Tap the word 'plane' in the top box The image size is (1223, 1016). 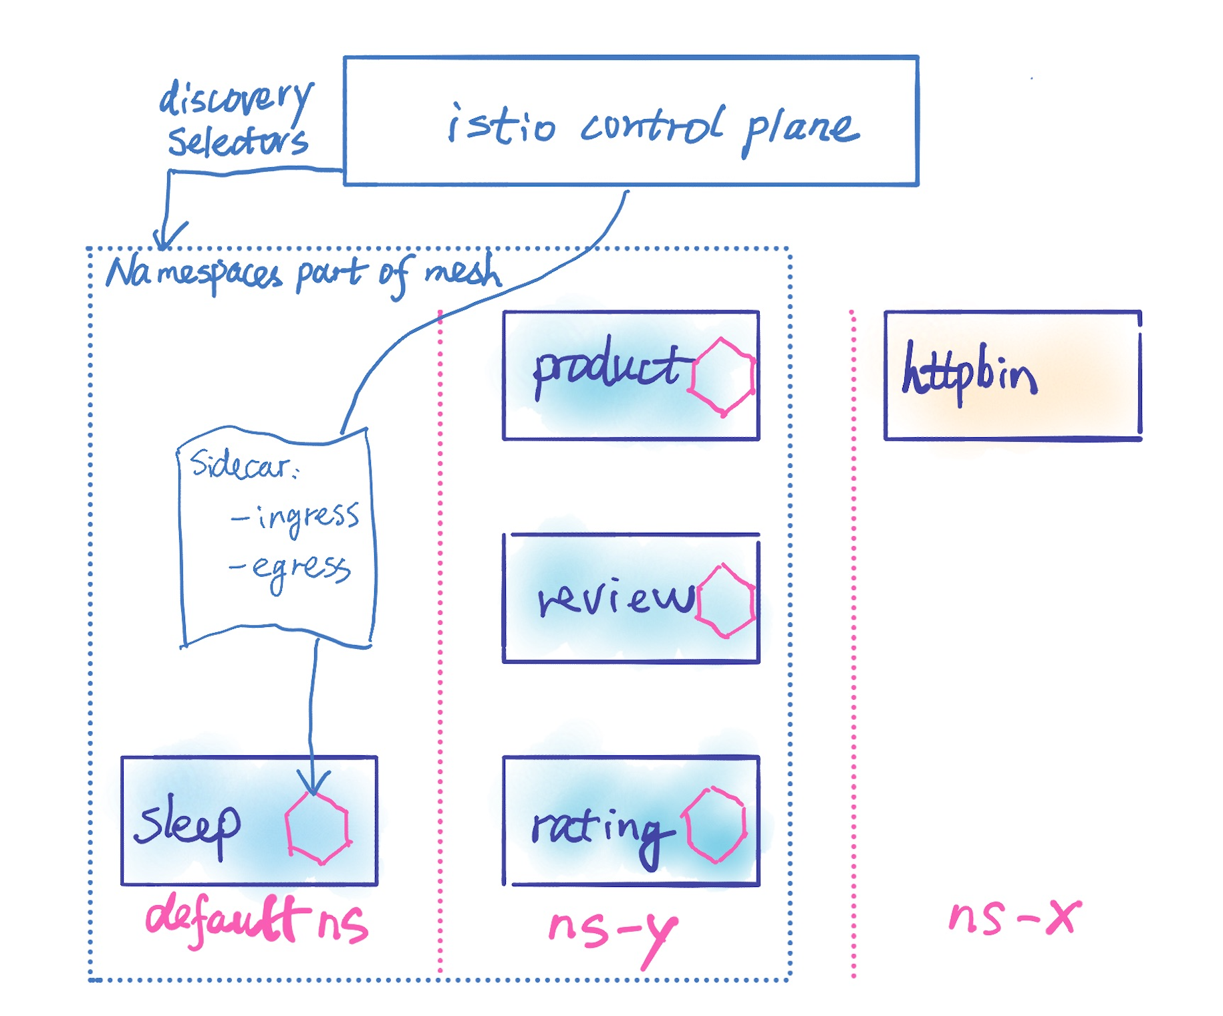801,131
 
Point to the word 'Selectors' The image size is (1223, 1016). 238,140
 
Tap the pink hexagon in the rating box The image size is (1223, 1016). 714,825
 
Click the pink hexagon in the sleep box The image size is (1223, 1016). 317,829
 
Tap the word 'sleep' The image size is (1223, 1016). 187,826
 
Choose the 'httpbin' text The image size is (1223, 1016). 969,373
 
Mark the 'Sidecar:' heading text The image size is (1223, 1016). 245,463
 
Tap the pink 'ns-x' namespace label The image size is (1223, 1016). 1014,917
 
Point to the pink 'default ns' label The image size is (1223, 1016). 257,920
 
